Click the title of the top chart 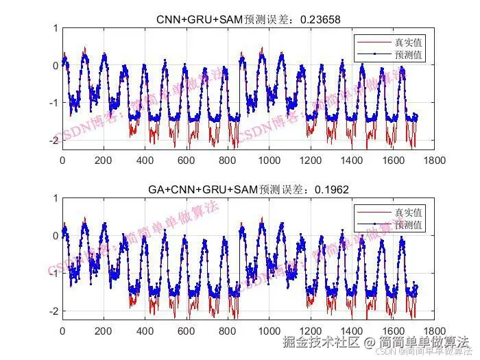[249, 20]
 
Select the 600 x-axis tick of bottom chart [187, 330]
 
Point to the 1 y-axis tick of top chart [55, 29]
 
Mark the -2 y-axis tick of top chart [52, 140]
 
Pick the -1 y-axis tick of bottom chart [52, 273]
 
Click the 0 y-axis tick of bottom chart [55, 236]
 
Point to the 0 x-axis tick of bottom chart [62, 330]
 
